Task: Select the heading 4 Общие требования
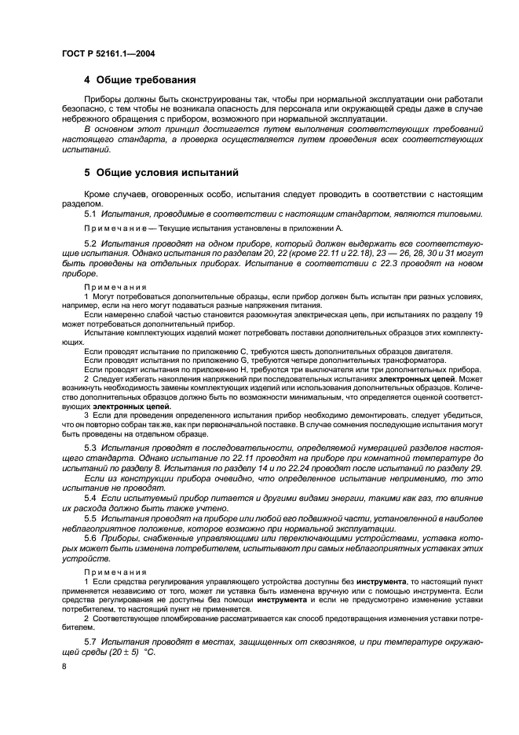pyautogui.click(x=140, y=80)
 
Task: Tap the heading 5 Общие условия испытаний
pyautogui.click(x=161, y=172)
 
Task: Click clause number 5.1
pyautogui.click(x=90, y=214)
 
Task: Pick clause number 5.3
pyautogui.click(x=90, y=446)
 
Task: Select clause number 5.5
pyautogui.click(x=90, y=519)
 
